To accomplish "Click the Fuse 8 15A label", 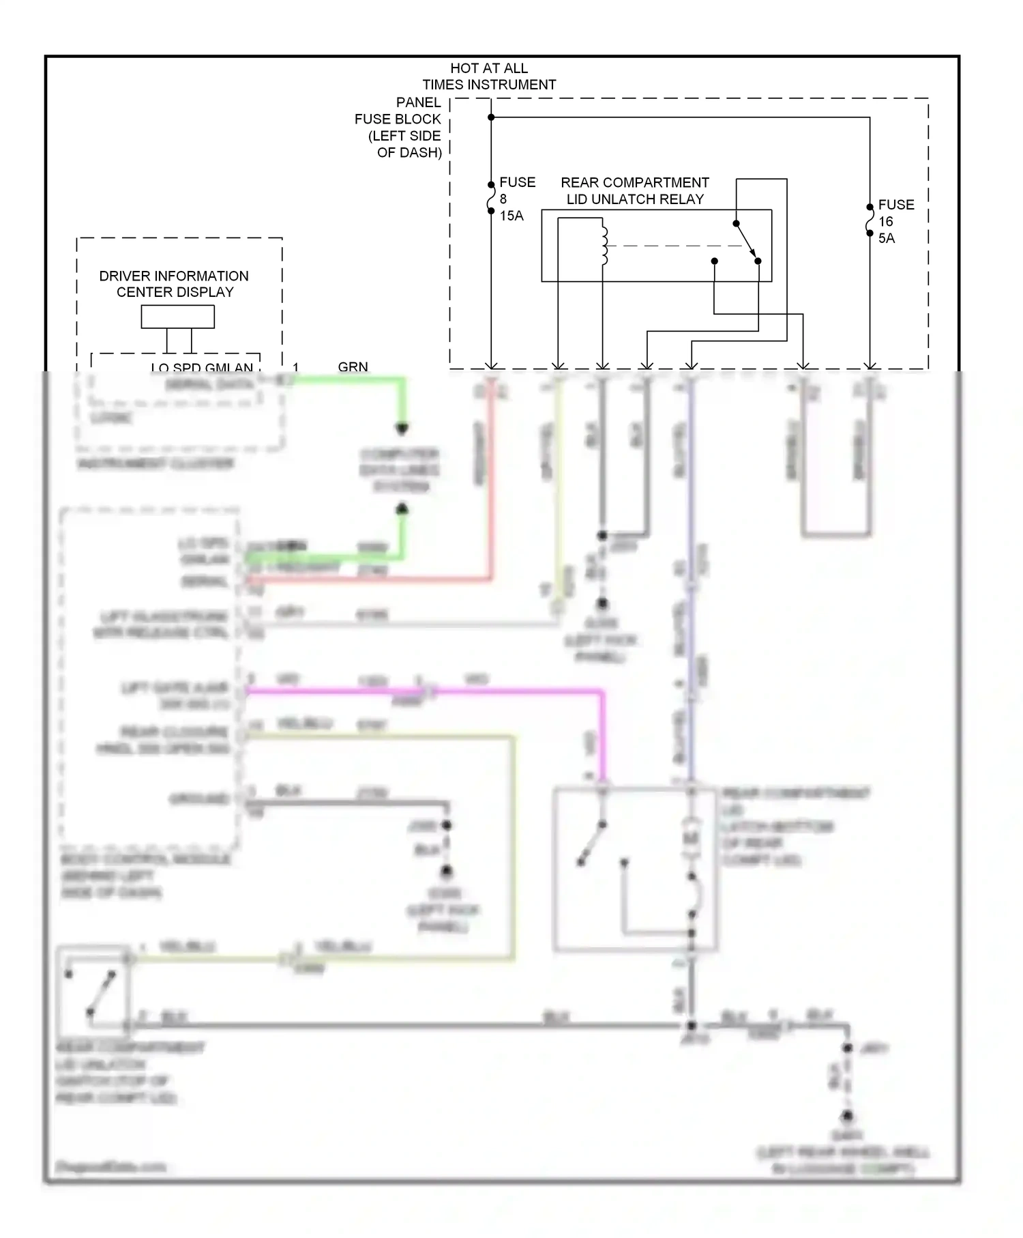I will click(516, 199).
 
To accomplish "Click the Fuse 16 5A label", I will click(895, 221).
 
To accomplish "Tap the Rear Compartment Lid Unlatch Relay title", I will click(634, 191).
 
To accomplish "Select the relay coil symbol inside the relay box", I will click(604, 246).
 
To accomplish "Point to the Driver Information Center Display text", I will click(175, 284).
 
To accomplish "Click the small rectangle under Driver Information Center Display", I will click(177, 317).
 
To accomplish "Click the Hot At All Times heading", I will click(488, 76).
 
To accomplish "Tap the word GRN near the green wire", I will click(353, 367).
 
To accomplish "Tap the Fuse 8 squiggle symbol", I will click(491, 198).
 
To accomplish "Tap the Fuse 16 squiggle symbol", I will click(870, 220).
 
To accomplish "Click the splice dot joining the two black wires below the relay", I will click(602, 536).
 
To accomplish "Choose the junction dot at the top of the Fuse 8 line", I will click(491, 117).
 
